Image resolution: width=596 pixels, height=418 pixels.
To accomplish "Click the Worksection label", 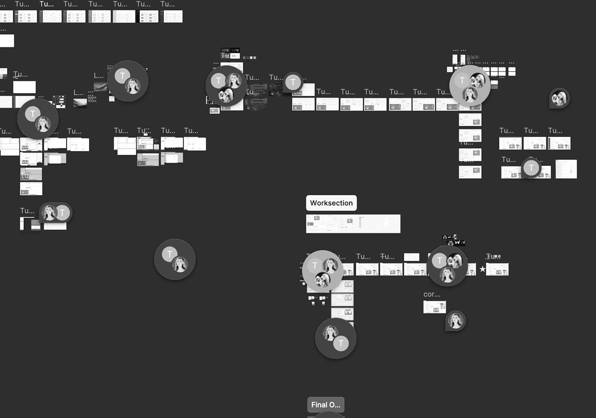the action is [x=331, y=203].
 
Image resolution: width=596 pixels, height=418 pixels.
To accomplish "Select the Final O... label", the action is [x=326, y=405].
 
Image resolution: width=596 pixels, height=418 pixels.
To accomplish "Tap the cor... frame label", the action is [x=432, y=294].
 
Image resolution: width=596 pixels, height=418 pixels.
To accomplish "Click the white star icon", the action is [x=482, y=269].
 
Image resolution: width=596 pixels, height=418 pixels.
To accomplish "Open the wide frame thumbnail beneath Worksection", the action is [x=353, y=224].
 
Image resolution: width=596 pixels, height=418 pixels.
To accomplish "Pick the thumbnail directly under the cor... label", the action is [x=434, y=307].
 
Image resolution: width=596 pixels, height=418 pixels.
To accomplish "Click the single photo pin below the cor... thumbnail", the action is [x=456, y=321].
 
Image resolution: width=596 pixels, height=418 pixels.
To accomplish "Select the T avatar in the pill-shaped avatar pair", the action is [x=63, y=213].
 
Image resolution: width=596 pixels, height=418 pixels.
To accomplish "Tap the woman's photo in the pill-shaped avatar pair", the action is [x=49, y=212].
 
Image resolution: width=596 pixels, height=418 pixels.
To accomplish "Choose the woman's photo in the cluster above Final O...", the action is [x=330, y=333].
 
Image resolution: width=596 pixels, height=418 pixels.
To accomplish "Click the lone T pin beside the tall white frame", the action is [x=531, y=168].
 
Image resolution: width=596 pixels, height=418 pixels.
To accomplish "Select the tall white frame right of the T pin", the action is [x=566, y=169].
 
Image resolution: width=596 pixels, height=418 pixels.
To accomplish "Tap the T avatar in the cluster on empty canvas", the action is [x=170, y=254].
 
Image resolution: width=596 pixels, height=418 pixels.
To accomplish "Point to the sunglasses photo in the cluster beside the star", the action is [x=455, y=261].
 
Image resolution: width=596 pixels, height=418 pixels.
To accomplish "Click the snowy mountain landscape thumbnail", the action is [x=80, y=103].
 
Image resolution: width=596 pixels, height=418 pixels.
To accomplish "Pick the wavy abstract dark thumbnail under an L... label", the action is [x=101, y=86].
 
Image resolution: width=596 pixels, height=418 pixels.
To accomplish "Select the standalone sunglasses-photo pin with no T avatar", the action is [x=559, y=98].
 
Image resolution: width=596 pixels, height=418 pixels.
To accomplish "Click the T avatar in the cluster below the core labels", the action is [x=218, y=81].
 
